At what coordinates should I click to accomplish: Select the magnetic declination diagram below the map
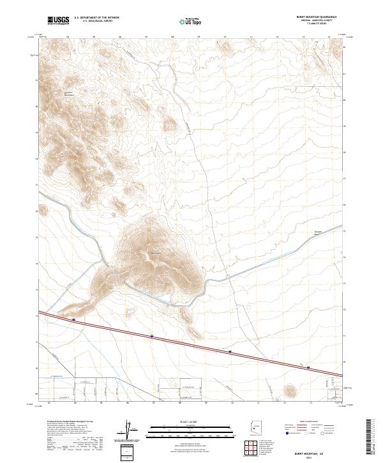point(130,432)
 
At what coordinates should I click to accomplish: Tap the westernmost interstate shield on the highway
point(73,320)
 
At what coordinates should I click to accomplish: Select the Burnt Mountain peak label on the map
point(155,254)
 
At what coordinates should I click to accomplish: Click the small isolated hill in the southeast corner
point(291,389)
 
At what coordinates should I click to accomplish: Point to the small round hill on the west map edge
point(43,209)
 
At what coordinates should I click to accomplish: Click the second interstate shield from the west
point(152,336)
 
